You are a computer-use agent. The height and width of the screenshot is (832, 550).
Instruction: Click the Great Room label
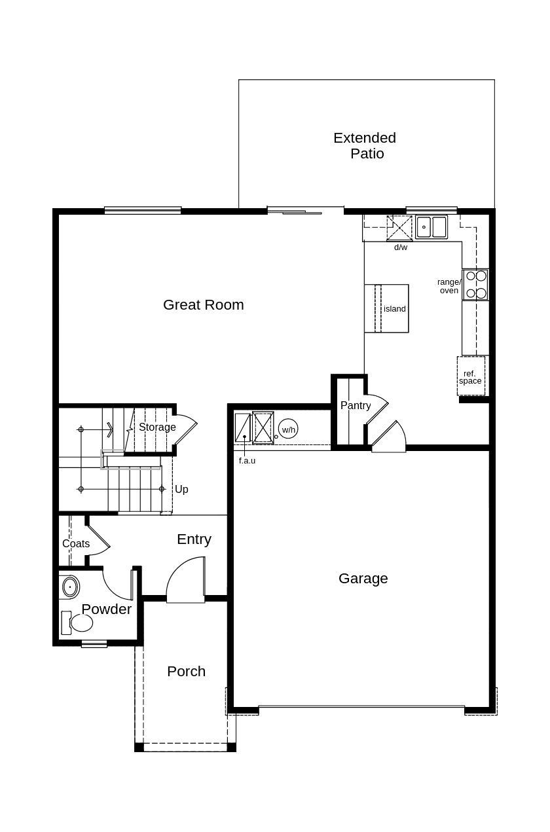coord(203,305)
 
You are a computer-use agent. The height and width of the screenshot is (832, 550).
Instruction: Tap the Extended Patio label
coord(365,145)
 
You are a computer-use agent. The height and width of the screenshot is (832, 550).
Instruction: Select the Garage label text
coord(363,579)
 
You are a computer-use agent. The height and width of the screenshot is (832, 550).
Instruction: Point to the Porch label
coord(186,671)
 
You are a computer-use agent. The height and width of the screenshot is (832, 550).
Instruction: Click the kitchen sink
coord(431,227)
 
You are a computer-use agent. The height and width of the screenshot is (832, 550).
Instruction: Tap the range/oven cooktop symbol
coord(475,285)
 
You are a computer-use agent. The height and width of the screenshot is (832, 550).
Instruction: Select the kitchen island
coord(386,308)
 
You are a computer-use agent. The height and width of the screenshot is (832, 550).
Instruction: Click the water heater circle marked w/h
coord(288,429)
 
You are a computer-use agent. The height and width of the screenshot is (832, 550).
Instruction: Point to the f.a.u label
coord(247,461)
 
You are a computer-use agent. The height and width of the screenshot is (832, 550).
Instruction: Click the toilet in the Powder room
coord(77,623)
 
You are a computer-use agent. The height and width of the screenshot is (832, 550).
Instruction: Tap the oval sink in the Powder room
coord(70,587)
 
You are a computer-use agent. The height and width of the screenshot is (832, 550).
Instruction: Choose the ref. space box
coord(471,376)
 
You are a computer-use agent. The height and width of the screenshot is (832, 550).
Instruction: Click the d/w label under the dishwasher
coord(401,247)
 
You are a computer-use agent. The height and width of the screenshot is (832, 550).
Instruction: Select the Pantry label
coord(356,405)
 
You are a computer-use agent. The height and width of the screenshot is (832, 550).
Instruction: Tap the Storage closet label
coord(157,427)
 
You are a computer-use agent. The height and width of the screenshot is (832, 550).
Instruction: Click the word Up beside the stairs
coord(181,489)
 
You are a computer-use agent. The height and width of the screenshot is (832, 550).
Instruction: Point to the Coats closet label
coord(76,543)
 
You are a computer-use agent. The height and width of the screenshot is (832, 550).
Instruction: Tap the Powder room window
coord(94,643)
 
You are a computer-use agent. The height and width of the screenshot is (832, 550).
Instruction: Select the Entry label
coord(194,539)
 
